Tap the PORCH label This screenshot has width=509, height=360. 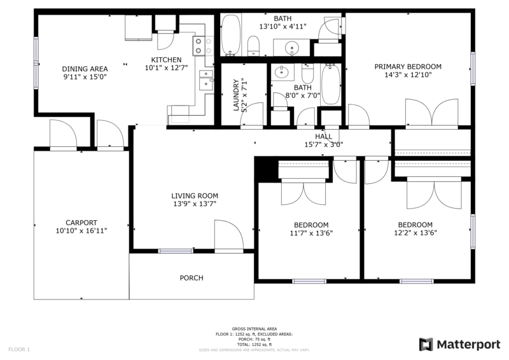[192, 278]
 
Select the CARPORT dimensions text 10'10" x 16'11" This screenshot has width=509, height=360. [81, 231]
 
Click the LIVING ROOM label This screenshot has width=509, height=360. [195, 195]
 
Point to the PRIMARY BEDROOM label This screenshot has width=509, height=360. [407, 67]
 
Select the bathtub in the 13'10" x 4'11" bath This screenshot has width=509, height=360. [231, 36]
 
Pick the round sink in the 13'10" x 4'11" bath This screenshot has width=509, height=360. [293, 47]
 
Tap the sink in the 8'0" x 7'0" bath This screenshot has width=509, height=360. [281, 73]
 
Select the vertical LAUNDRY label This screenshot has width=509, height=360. [236, 95]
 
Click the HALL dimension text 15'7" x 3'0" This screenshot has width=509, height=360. [323, 144]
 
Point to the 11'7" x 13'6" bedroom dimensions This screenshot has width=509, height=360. [311, 233]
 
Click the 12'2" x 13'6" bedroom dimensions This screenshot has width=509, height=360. [415, 233]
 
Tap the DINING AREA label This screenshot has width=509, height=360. [85, 69]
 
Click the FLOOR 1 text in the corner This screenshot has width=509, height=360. [19, 349]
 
